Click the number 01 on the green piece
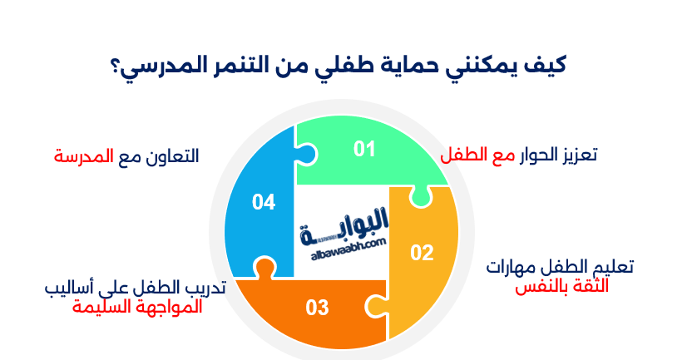pos(364,149)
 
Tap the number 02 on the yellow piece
pos(422,253)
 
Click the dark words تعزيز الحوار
pos(559,155)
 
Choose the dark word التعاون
pos(171,155)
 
